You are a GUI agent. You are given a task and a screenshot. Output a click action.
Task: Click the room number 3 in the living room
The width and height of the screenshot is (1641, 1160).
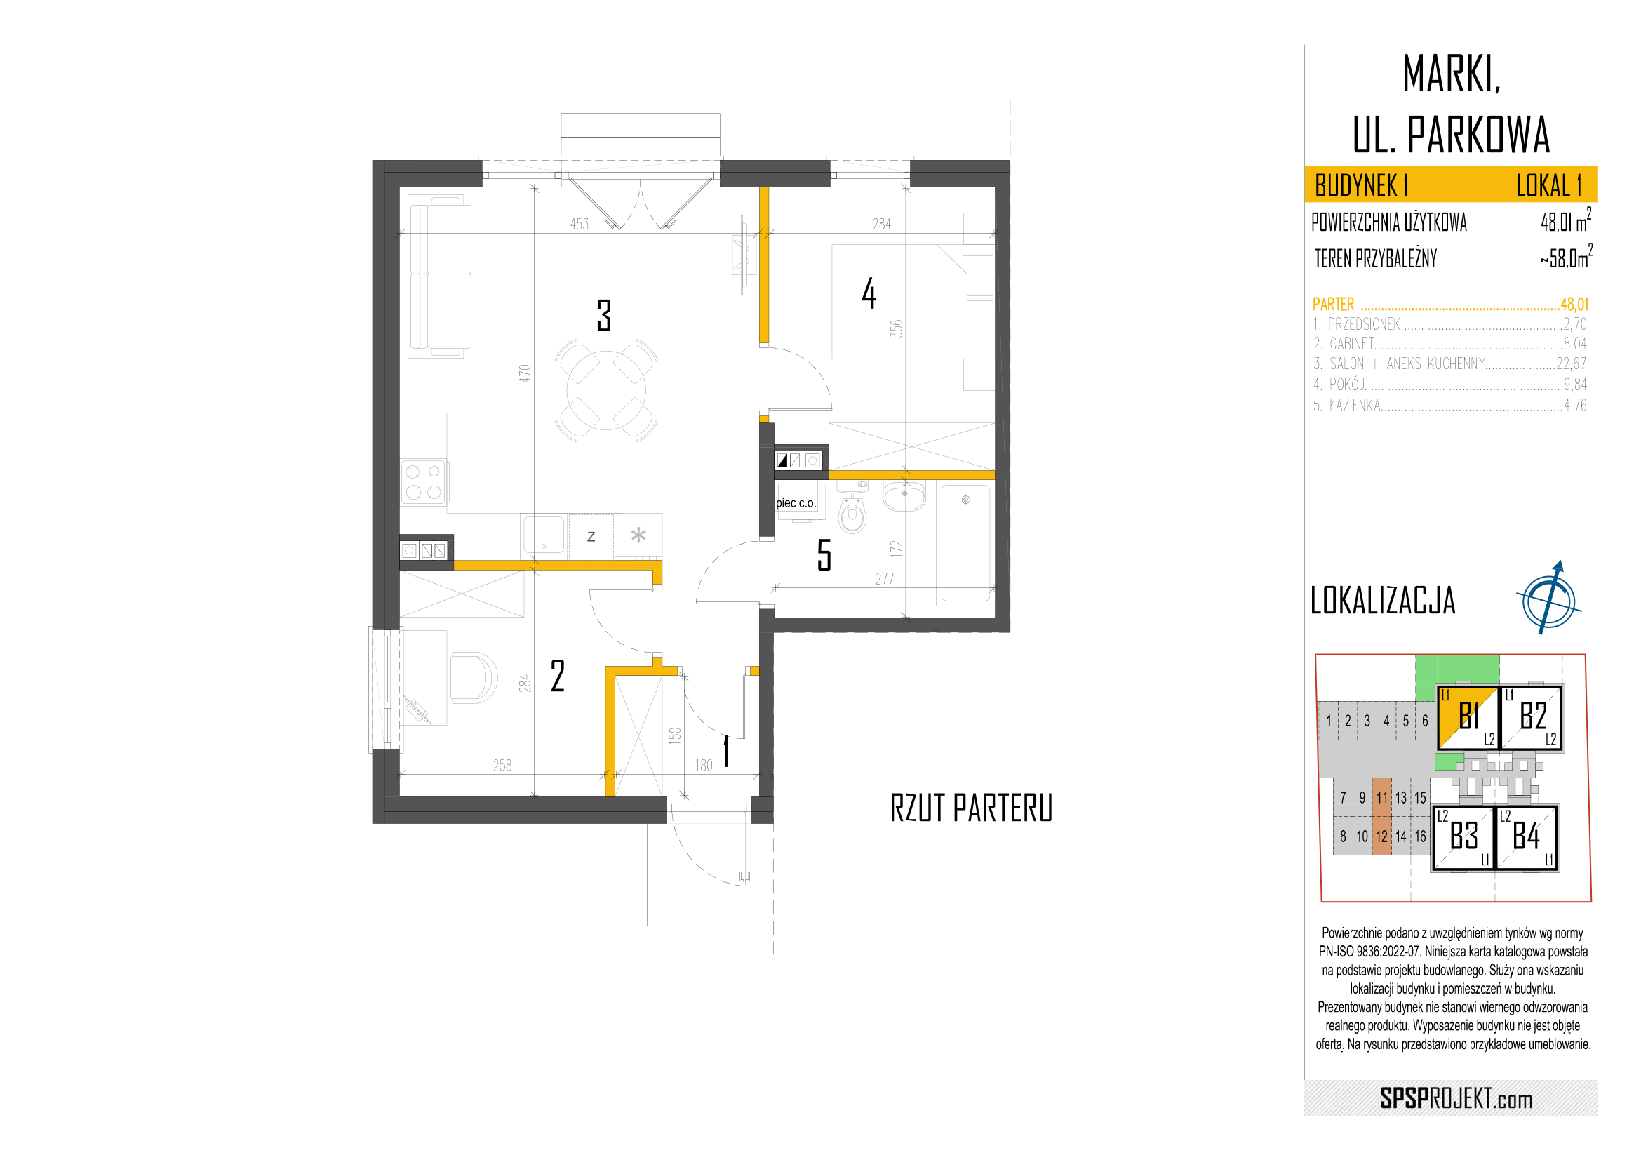pyautogui.click(x=604, y=315)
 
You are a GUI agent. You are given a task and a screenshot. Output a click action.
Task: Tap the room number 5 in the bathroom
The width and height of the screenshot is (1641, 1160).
pyautogui.click(x=824, y=554)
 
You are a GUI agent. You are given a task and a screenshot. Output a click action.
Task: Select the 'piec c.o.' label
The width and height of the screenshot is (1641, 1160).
pyautogui.click(x=796, y=503)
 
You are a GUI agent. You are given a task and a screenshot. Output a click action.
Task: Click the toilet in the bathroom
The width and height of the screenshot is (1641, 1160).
pyautogui.click(x=852, y=512)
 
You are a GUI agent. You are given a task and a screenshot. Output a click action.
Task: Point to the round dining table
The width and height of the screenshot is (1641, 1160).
pyautogui.click(x=606, y=390)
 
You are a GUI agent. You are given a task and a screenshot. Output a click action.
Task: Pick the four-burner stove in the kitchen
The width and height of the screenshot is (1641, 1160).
pyautogui.click(x=423, y=481)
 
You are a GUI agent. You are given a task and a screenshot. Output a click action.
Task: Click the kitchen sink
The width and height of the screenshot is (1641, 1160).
pyautogui.click(x=544, y=535)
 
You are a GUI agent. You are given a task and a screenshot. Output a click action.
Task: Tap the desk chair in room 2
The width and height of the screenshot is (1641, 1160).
pyautogui.click(x=473, y=677)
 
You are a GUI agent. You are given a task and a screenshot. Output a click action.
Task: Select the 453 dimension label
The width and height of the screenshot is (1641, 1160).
pyautogui.click(x=580, y=225)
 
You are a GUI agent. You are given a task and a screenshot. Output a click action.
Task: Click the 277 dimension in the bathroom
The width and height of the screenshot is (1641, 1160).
pyautogui.click(x=885, y=579)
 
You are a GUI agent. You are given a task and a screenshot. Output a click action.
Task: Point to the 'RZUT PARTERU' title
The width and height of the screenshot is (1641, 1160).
pyautogui.click(x=971, y=808)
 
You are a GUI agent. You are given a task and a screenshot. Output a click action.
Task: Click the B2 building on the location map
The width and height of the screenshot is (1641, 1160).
pyautogui.click(x=1532, y=717)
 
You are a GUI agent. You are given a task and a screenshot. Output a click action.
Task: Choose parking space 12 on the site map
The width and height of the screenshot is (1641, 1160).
pyautogui.click(x=1381, y=836)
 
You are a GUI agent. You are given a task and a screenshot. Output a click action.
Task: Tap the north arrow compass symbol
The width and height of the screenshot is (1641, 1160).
pyautogui.click(x=1549, y=598)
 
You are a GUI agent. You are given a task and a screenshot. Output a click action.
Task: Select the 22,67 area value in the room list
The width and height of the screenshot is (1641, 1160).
pyautogui.click(x=1572, y=364)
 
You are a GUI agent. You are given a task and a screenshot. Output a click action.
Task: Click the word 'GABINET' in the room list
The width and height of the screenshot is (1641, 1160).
pyautogui.click(x=1351, y=344)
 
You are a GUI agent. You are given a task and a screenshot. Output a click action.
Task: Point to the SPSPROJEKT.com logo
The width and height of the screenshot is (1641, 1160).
pyautogui.click(x=1456, y=1098)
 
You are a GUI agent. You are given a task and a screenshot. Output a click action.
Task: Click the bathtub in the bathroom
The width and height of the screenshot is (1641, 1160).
pyautogui.click(x=965, y=544)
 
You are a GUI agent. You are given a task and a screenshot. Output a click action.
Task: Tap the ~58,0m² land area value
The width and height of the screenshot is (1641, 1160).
pyautogui.click(x=1566, y=258)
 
